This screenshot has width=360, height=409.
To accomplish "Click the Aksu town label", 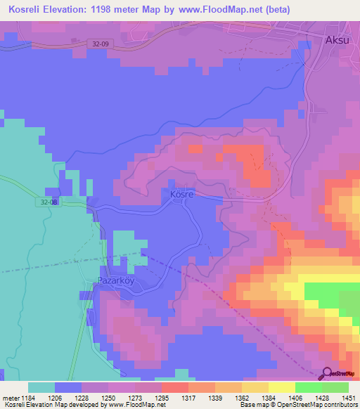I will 337,40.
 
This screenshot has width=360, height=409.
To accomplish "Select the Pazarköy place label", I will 115,280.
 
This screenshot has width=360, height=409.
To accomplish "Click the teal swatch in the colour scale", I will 41,387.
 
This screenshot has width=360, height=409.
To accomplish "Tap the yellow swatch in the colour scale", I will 282,387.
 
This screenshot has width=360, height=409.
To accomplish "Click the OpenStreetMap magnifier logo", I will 327,373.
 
